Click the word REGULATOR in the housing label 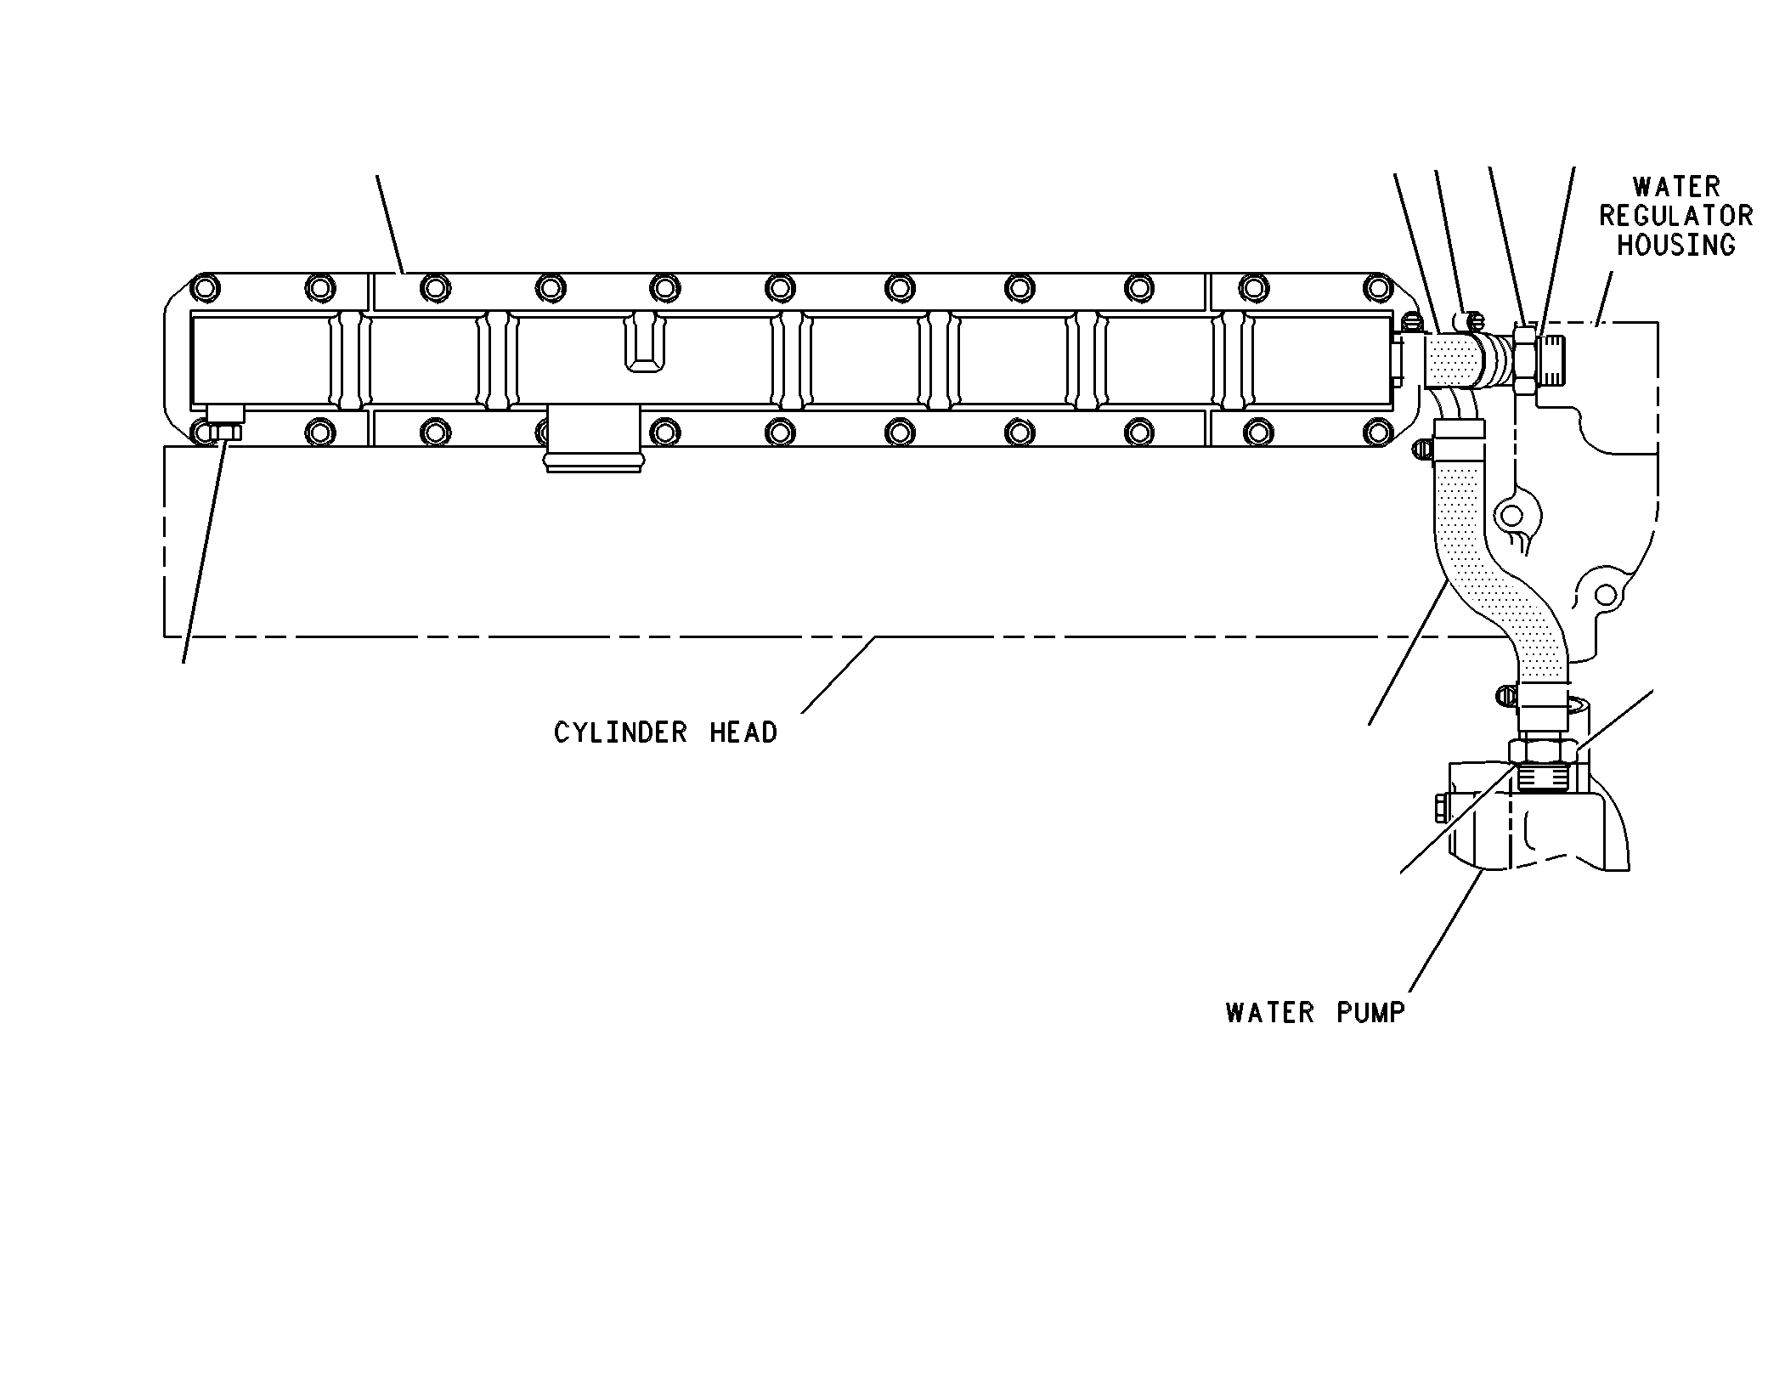click(x=1675, y=216)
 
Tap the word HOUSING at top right click(x=1675, y=246)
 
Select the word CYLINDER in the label click(x=620, y=732)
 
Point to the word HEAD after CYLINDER click(x=743, y=732)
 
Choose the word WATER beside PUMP click(x=1270, y=1013)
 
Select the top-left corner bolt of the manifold click(x=205, y=288)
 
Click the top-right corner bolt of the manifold click(x=1373, y=288)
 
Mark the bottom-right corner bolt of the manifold click(x=1373, y=432)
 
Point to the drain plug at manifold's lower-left click(x=225, y=422)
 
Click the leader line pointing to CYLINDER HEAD click(x=838, y=675)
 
